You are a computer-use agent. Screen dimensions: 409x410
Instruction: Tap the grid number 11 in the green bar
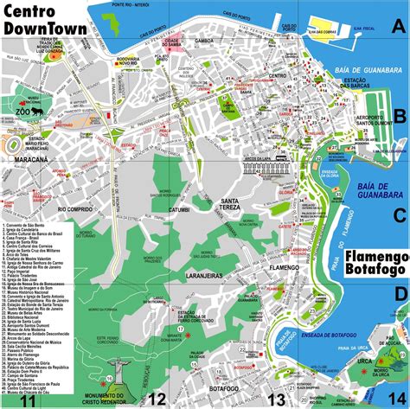tap(29, 399)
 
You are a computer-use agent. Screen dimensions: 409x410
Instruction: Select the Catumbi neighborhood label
tap(178, 208)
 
